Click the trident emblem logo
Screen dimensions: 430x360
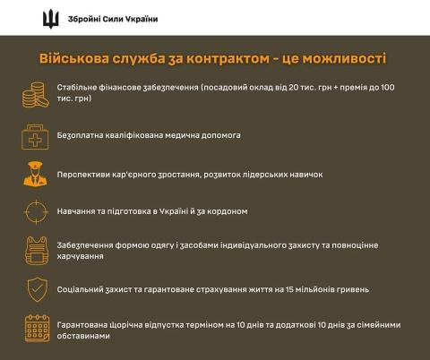click(51, 19)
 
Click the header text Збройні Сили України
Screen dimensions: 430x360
click(113, 19)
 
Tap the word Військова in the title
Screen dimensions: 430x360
click(74, 58)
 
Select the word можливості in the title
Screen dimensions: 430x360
click(344, 58)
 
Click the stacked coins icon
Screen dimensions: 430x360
click(36, 95)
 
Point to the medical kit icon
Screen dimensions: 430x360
click(35, 137)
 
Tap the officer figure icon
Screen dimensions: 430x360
click(35, 175)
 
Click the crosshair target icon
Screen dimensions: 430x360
click(36, 212)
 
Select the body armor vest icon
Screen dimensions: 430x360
click(37, 251)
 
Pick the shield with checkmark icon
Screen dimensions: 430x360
click(37, 289)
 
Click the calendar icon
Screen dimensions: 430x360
click(37, 329)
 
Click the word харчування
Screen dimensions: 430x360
click(80, 256)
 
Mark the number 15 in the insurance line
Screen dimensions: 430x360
click(289, 289)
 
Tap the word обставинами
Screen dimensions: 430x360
click(83, 336)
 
